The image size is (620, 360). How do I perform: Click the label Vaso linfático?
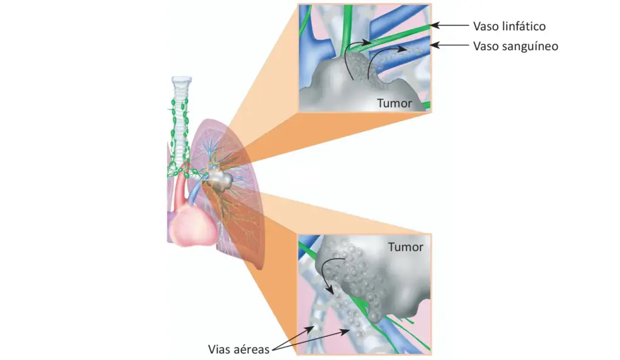[509, 26]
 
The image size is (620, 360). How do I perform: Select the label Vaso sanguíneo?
[515, 45]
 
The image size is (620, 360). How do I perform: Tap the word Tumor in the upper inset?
[394, 103]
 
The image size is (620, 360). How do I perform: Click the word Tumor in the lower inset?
[406, 247]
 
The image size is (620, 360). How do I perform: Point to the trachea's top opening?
[181, 79]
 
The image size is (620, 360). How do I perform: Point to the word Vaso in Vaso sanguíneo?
[485, 45]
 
